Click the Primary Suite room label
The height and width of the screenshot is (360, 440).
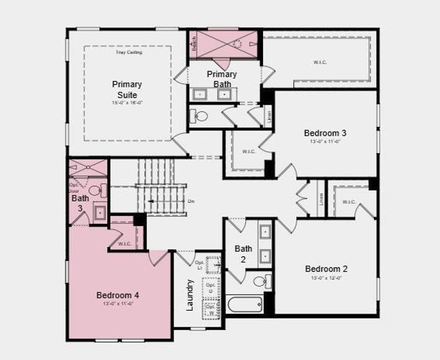pos(126,90)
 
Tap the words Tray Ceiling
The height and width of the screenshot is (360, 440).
pos(129,53)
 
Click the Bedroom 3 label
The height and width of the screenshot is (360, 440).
pos(326,133)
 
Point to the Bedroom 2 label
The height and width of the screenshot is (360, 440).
pos(326,269)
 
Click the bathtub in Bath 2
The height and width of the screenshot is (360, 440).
pos(245,304)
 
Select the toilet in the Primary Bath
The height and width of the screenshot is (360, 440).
pos(200,116)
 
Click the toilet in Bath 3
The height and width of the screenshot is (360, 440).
pos(101,191)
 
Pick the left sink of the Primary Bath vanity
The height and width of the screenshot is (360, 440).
pos(200,94)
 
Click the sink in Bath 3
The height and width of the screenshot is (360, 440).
pos(100,212)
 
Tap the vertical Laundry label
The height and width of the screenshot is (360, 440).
pos(190,295)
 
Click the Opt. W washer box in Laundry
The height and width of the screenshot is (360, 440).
pos(210,310)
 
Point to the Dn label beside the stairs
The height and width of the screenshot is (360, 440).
pos(191,201)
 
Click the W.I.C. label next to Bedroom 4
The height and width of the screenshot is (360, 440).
pos(125,244)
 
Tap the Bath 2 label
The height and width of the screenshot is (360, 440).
pos(243,254)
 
